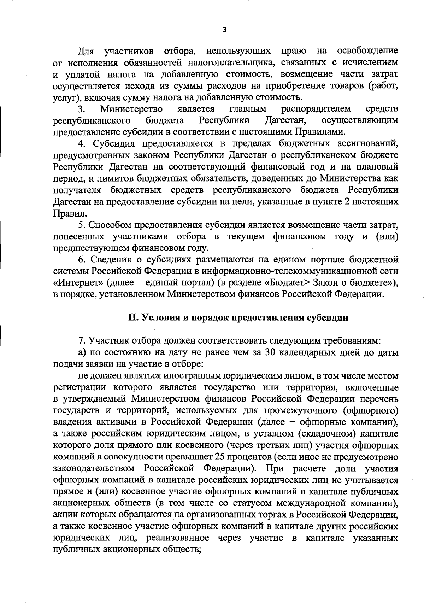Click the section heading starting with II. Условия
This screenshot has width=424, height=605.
[238, 317]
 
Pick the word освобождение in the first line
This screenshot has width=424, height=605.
[367, 51]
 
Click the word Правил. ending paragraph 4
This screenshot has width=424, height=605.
[67, 213]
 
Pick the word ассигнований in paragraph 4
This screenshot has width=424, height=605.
[367, 143]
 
